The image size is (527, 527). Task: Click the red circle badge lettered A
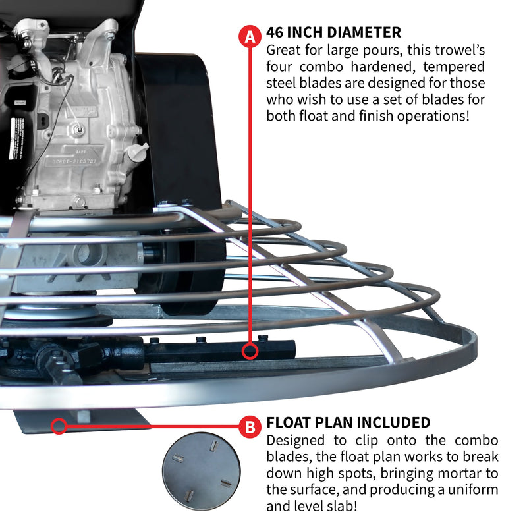pos(250,37)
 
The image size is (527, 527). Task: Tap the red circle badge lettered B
pos(250,427)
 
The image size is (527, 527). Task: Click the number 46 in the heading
pos(277,32)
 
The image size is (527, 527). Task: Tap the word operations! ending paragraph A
pos(432,116)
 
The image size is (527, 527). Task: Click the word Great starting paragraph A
pos(283,50)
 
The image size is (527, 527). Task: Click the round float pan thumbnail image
pos(201,470)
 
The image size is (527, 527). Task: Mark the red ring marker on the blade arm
pos(250,351)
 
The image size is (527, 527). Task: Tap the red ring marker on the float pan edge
pos(59,426)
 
